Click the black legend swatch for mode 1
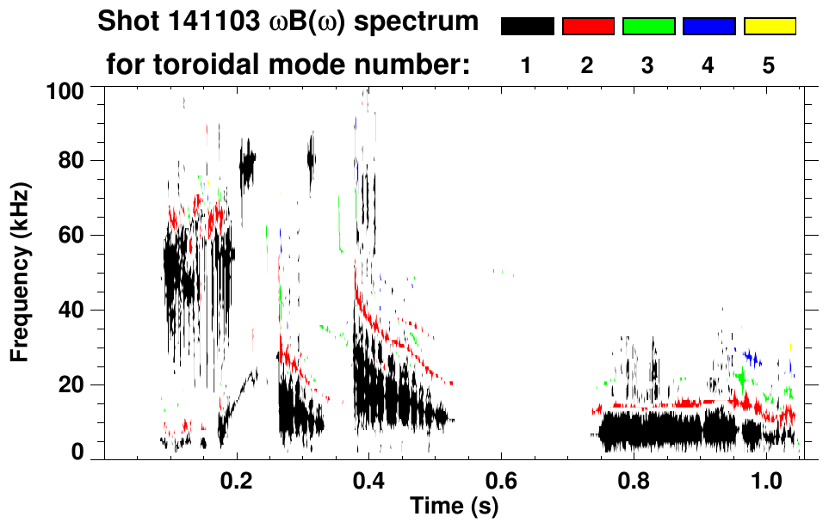click(x=528, y=27)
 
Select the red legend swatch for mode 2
click(x=588, y=27)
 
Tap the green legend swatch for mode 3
click(x=648, y=27)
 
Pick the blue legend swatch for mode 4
click(x=708, y=27)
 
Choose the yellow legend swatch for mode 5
click(x=769, y=27)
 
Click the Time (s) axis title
click(x=453, y=506)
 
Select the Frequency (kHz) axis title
click(x=21, y=271)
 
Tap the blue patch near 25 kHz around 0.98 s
click(x=752, y=357)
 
